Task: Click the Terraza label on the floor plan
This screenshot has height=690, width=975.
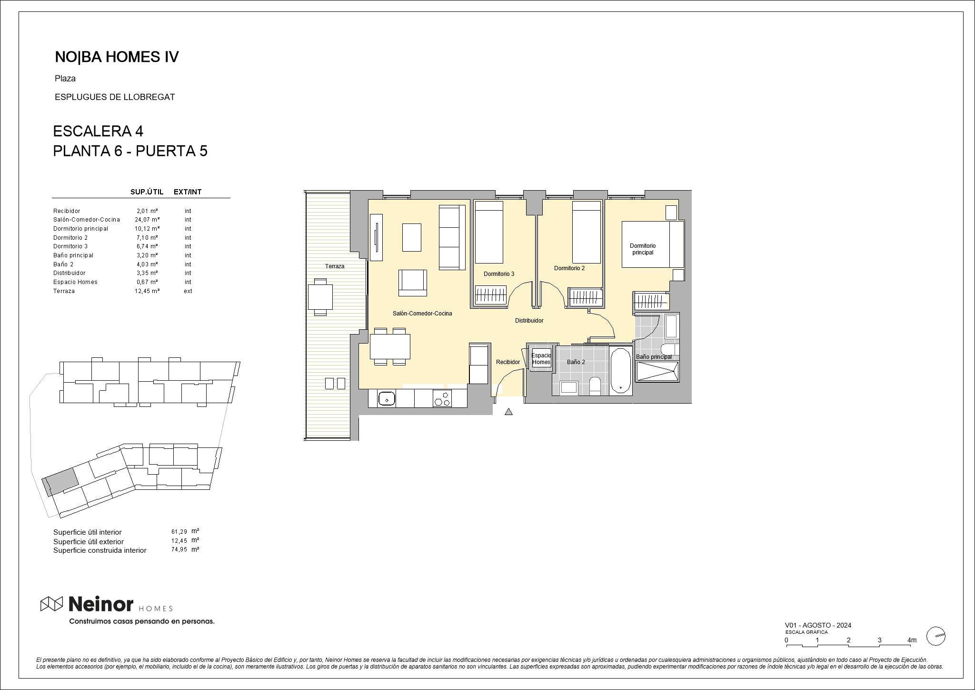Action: coord(335,266)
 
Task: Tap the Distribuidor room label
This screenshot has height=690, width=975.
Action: coord(529,321)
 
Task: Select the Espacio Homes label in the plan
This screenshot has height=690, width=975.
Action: coord(541,359)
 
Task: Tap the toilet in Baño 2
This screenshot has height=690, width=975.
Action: coord(595,386)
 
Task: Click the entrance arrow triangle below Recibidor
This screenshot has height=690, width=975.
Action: coord(508,412)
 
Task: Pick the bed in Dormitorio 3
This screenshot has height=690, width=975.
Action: coord(489,232)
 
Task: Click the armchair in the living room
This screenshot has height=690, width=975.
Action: coord(413,283)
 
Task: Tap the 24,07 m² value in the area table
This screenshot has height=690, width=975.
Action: coord(147,220)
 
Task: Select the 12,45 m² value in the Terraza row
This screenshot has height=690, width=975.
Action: coord(147,291)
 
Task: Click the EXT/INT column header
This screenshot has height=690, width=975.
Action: coord(188,192)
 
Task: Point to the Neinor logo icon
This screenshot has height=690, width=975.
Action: coord(51,604)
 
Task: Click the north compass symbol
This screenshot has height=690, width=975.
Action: coord(935,636)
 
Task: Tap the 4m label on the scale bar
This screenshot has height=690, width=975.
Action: coord(912,640)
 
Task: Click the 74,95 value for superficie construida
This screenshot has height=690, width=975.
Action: coord(179,549)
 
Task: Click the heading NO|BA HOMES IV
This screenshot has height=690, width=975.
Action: coord(117,57)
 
